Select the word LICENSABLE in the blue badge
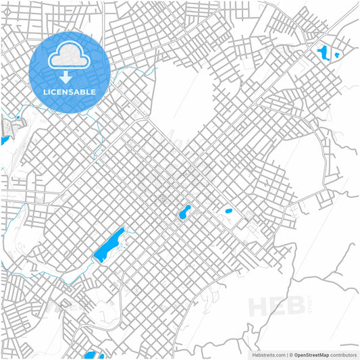point(70,91)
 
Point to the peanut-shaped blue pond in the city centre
point(183,213)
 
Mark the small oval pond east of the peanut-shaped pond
point(228,211)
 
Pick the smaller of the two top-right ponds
point(336,55)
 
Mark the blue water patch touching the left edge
point(3,140)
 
